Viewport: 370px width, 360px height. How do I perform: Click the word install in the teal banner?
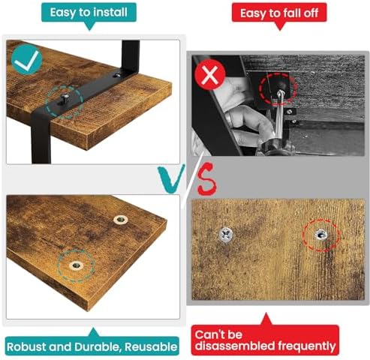point(109,12)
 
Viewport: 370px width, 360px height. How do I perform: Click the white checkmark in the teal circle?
point(27,60)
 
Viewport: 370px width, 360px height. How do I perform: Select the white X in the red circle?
point(210,74)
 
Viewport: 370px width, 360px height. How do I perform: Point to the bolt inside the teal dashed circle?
point(65,97)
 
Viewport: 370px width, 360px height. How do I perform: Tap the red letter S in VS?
point(206,178)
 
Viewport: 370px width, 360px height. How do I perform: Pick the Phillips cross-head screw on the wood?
point(226,235)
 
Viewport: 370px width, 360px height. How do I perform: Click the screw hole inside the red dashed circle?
point(321,235)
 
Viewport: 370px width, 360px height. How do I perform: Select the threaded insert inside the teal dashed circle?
point(77,265)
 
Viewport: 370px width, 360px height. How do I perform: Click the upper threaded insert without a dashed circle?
point(121,220)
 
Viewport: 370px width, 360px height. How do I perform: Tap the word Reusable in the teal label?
point(151,346)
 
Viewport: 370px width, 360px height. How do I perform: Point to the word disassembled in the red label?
point(235,346)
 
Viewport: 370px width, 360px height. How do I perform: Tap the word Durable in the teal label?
point(98,346)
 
